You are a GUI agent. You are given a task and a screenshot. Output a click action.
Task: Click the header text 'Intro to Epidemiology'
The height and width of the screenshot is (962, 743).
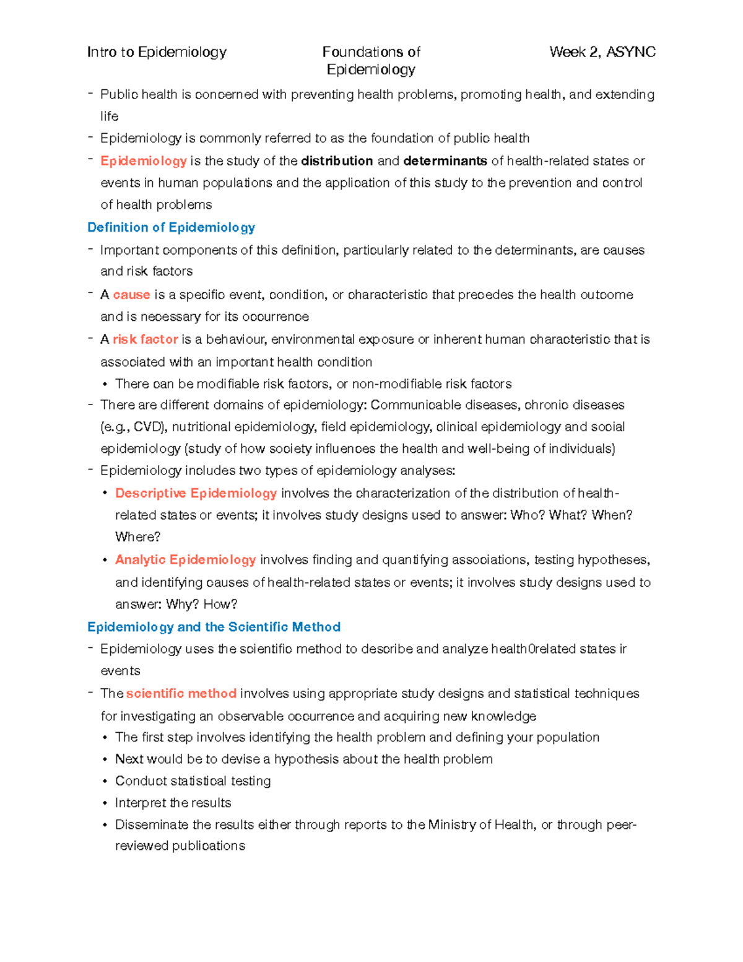[x=157, y=52]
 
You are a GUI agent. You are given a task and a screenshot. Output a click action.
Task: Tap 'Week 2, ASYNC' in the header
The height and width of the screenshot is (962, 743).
[x=602, y=52]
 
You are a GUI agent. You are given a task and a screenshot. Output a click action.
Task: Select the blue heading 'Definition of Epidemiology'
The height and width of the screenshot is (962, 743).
[x=171, y=227]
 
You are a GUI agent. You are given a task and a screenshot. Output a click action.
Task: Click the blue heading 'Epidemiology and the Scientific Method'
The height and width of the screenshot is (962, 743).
[x=214, y=627]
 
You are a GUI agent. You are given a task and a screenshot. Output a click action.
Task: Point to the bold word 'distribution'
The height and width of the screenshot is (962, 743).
[x=337, y=161]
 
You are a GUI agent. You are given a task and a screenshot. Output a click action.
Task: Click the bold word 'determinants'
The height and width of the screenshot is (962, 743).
[x=445, y=161]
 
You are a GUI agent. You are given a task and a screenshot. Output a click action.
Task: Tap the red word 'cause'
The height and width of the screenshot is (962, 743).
[x=131, y=295]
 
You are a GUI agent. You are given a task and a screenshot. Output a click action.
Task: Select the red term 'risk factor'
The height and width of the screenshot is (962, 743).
[x=145, y=339]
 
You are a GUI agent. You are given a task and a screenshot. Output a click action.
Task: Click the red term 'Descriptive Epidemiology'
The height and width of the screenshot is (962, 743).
[x=196, y=493]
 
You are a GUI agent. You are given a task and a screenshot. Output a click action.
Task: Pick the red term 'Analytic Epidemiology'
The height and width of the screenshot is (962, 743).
[x=185, y=560]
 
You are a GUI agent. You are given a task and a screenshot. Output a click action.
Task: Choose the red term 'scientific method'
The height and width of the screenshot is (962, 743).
[x=181, y=694]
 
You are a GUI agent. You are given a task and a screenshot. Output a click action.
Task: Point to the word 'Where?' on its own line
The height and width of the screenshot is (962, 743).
[x=137, y=537]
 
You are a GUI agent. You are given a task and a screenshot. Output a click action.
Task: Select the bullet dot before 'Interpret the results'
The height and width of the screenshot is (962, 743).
[x=105, y=803]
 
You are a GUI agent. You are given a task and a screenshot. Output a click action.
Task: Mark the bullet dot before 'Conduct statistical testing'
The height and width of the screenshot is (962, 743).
[x=105, y=782]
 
